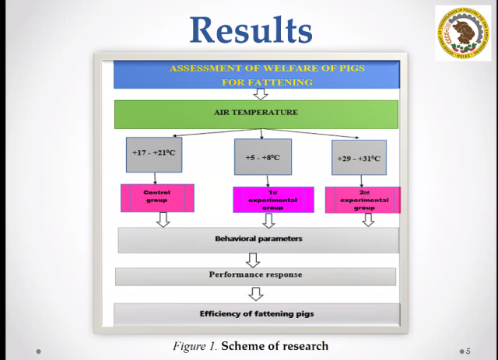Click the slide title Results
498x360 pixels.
click(251, 30)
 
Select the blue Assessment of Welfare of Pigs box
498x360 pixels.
click(257, 75)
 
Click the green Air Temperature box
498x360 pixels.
click(256, 114)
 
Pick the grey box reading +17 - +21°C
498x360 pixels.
click(155, 154)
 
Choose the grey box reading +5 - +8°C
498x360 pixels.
click(263, 156)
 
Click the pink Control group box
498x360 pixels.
click(157, 197)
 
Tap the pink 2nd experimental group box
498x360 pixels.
click(362, 199)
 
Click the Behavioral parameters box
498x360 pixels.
click(258, 239)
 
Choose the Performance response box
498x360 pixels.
click(255, 276)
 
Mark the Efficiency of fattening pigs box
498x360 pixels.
click(256, 314)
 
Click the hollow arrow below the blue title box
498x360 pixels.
click(261, 94)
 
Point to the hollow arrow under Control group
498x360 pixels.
click(163, 220)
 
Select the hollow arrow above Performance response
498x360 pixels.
click(253, 260)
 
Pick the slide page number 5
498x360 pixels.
click(468, 351)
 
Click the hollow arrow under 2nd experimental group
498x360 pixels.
click(368, 220)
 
